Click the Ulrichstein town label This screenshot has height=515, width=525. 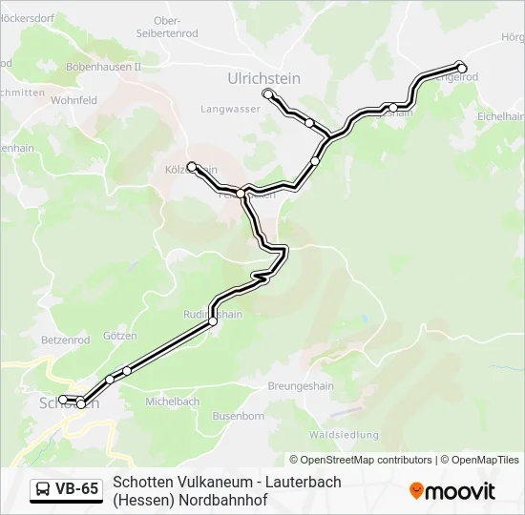[x=264, y=77]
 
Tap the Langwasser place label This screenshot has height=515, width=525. [x=230, y=110]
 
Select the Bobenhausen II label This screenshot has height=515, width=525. [x=103, y=68]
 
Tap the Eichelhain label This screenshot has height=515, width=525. [x=500, y=115]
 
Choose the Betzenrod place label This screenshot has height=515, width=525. [x=66, y=340]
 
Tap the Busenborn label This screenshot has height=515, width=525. [x=238, y=416]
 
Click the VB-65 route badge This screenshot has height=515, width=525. [x=66, y=489]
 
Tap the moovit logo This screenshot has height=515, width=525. [x=452, y=491]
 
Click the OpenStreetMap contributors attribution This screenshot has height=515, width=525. [x=360, y=460]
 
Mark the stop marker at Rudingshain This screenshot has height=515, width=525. [x=213, y=321]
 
